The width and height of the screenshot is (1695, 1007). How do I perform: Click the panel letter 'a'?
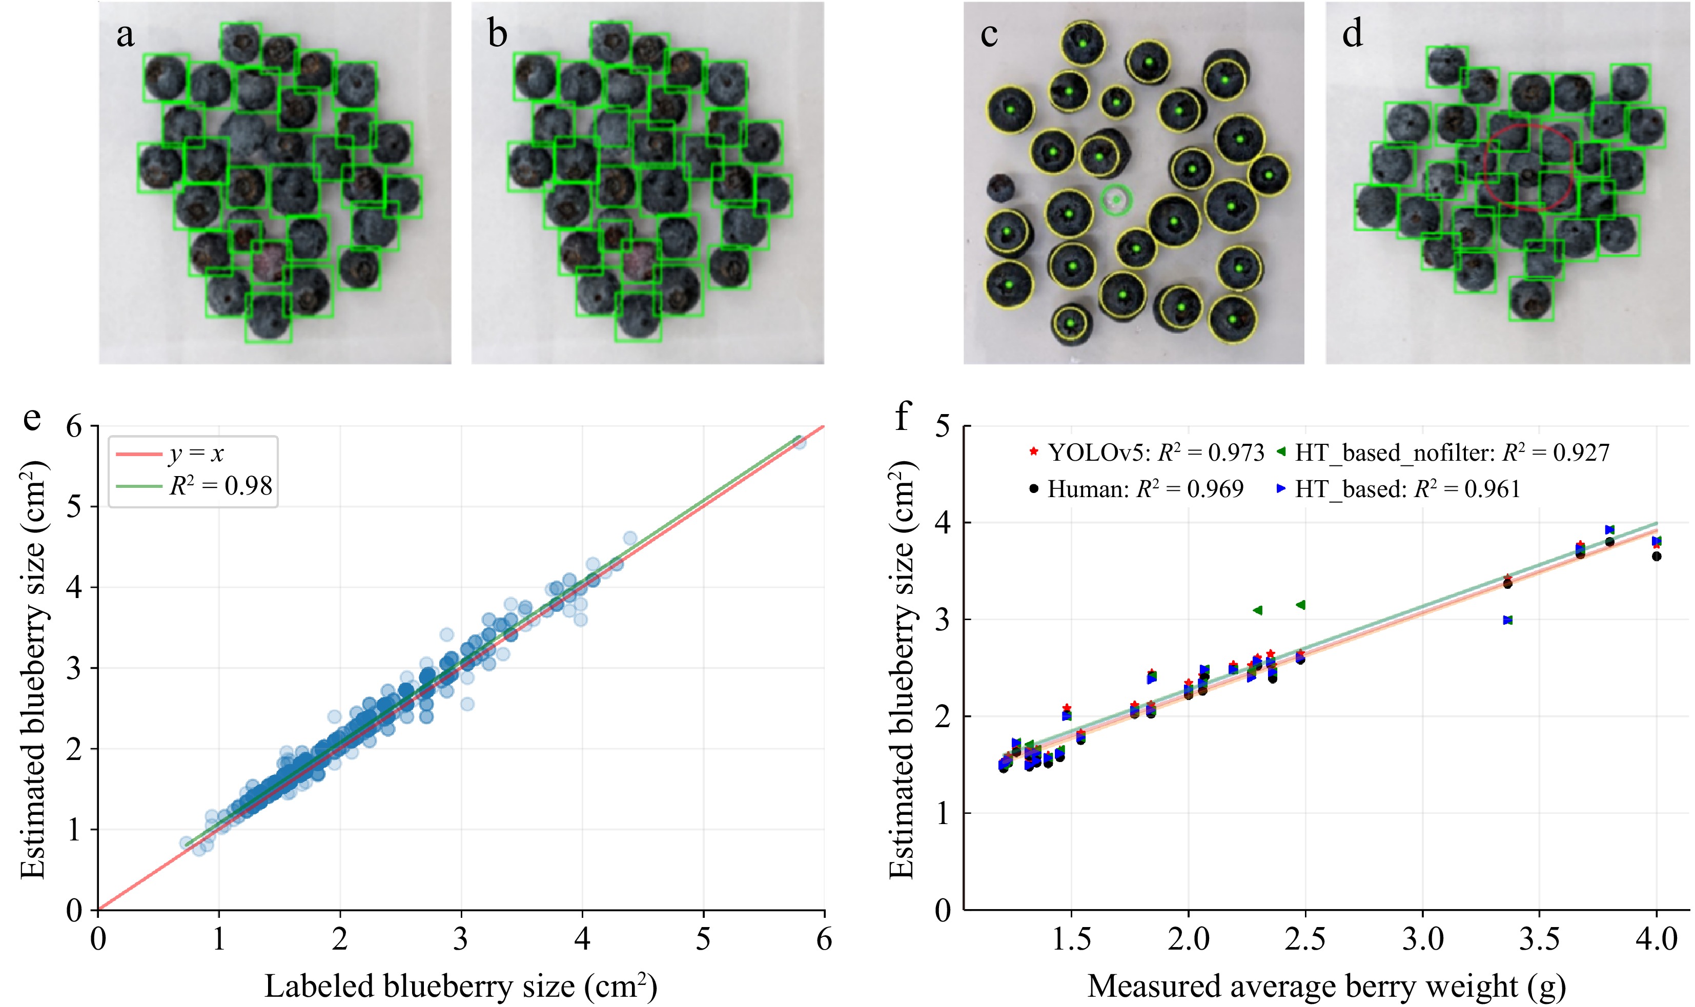click(x=125, y=35)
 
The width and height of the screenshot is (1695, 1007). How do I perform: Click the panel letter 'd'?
click(x=1352, y=34)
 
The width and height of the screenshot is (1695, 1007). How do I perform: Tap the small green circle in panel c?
click(x=1115, y=200)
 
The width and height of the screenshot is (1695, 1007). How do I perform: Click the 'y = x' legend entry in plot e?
click(x=195, y=454)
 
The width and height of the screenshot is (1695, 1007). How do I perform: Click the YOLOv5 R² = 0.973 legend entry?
click(x=1147, y=453)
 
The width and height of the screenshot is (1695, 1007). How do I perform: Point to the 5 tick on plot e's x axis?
click(x=703, y=939)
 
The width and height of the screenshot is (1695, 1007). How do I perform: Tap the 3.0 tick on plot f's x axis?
click(x=1422, y=939)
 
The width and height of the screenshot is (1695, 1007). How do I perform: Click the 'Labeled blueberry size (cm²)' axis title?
click(x=460, y=985)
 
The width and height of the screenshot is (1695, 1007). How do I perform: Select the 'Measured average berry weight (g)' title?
click(x=1326, y=985)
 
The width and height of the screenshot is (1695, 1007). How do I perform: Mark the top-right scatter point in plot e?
click(x=800, y=442)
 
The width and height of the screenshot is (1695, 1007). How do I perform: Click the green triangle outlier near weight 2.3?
click(x=1257, y=610)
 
